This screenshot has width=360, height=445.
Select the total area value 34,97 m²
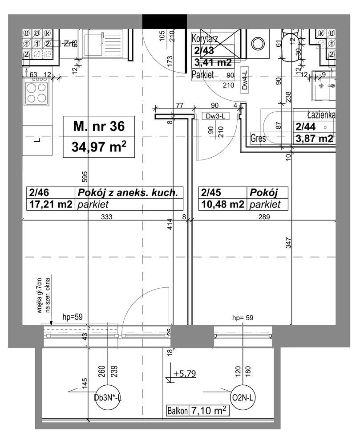pos(98,147)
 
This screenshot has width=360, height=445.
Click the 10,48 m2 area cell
pos(222,204)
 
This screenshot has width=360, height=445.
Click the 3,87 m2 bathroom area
pos(314,138)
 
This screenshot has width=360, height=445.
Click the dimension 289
pos(264,217)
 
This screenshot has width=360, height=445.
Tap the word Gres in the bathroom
pos(258,139)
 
